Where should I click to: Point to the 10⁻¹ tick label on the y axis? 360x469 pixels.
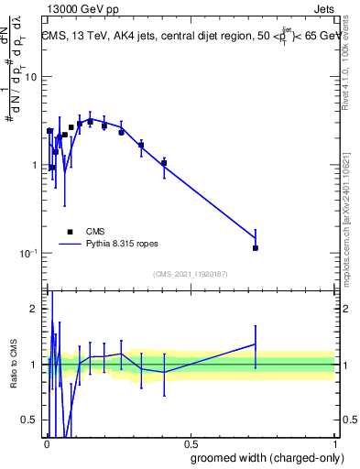pyautogui.click(x=27, y=253)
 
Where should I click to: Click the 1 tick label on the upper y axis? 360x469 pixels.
pyautogui.click(x=34, y=165)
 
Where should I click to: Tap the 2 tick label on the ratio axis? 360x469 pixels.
pyautogui.click(x=34, y=309)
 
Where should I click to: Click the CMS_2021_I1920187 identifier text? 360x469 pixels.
pyautogui.click(x=190, y=274)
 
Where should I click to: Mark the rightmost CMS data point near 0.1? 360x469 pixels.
pyautogui.click(x=256, y=248)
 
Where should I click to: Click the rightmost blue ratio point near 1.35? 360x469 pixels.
pyautogui.click(x=256, y=344)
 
